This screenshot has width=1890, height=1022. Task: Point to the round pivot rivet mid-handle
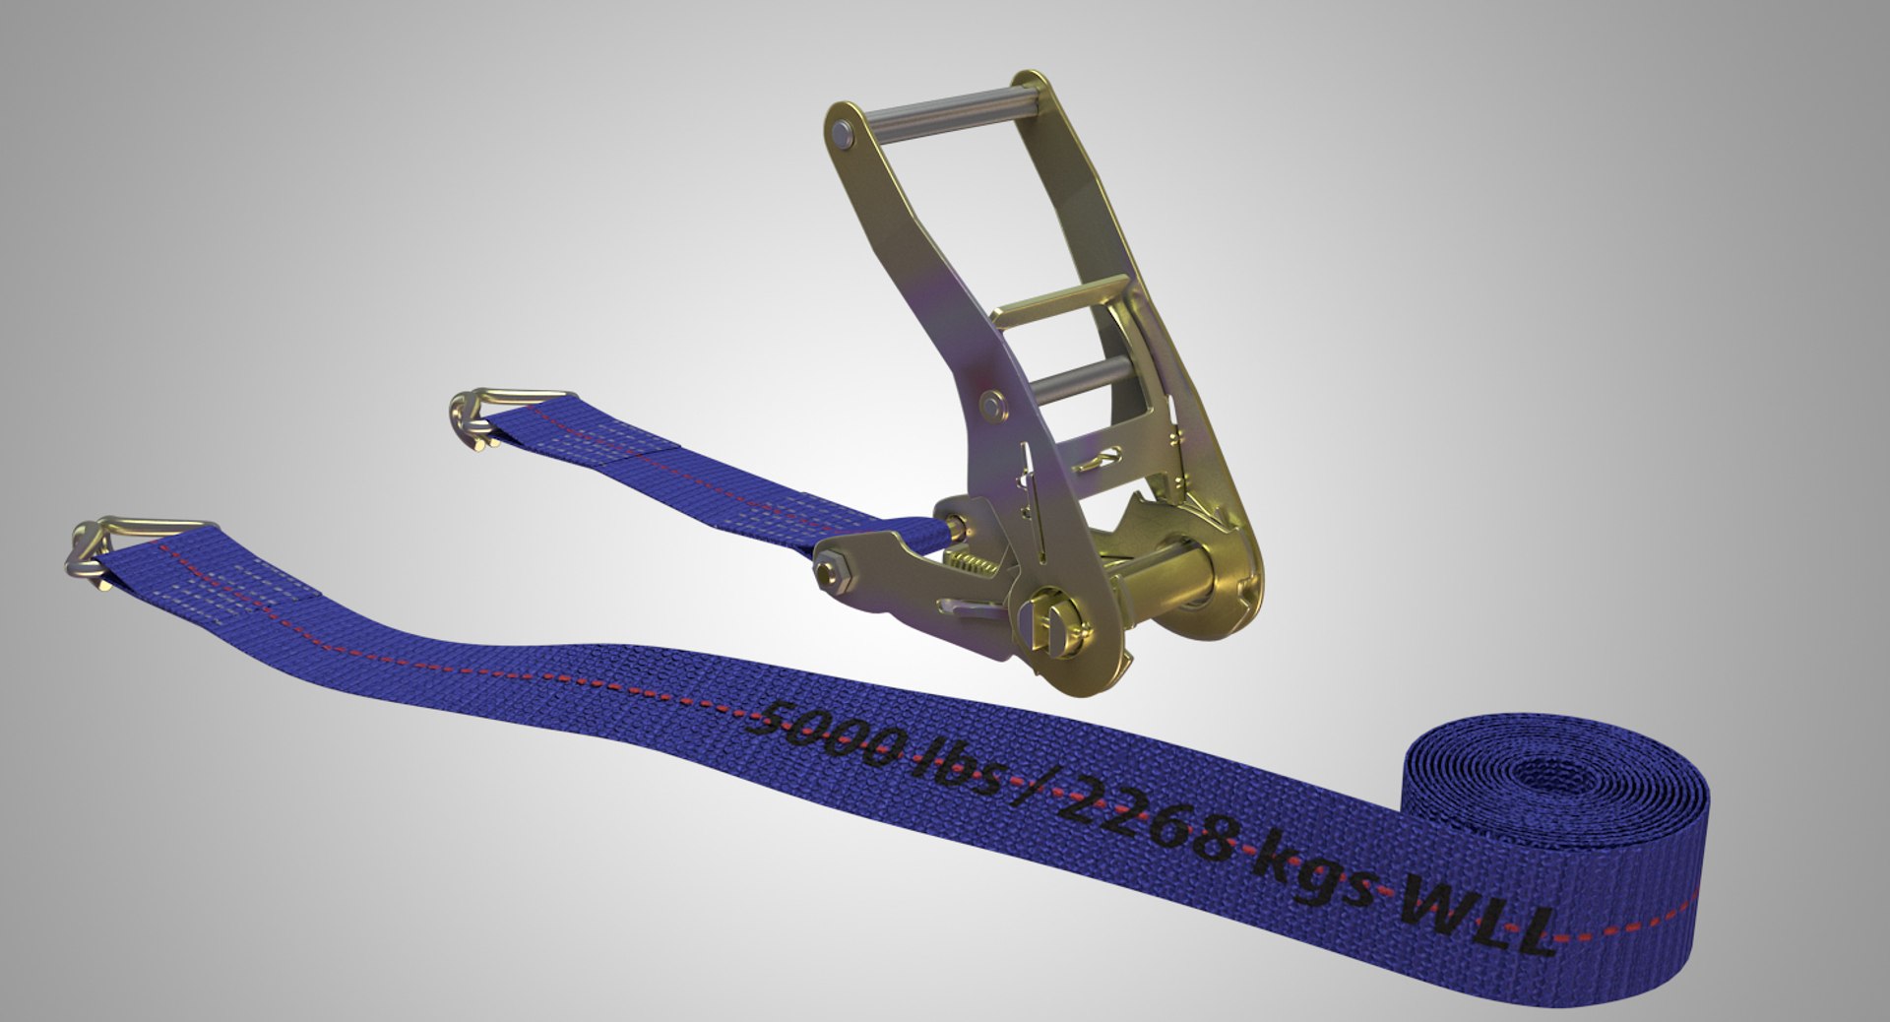coord(992,403)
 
